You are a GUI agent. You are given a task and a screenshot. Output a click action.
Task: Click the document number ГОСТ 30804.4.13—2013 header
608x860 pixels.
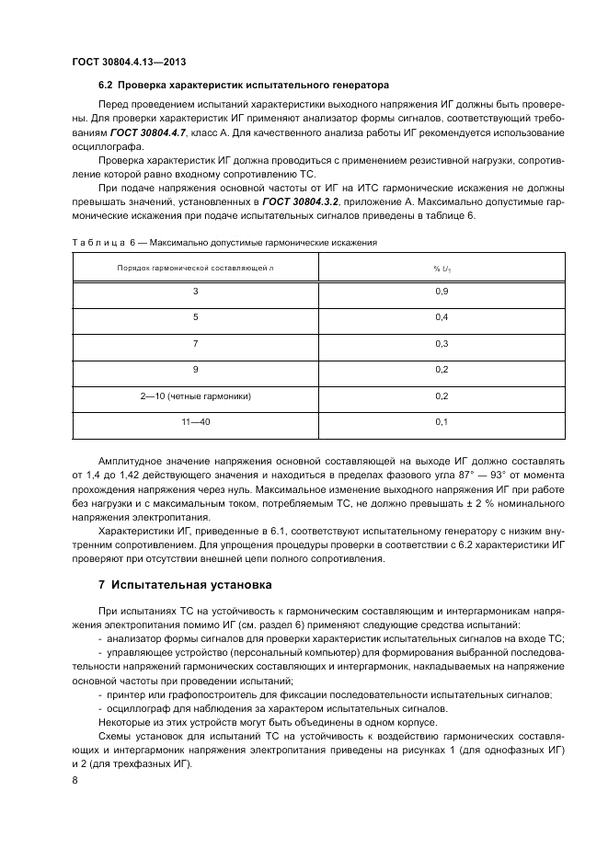coord(130,63)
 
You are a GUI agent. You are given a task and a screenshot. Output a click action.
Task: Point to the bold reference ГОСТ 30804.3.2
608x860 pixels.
coord(300,201)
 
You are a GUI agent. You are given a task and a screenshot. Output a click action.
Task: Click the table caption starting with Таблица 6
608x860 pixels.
coord(224,242)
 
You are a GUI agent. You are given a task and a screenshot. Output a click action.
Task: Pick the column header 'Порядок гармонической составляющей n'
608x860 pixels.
coord(195,268)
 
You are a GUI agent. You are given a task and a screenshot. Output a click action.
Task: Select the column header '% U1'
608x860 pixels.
coord(442,268)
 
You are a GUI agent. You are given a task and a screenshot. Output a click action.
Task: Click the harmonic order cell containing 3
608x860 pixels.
coord(195,292)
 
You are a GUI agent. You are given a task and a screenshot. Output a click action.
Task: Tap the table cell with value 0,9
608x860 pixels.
coord(442,292)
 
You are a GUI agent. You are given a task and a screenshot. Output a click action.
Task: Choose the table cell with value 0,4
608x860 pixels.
coord(442,318)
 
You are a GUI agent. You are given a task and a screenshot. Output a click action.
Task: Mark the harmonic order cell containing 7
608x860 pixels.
coord(195,344)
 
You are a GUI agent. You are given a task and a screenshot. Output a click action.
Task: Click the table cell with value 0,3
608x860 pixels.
coord(442,344)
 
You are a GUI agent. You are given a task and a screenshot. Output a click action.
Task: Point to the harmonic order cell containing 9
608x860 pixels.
coord(195,370)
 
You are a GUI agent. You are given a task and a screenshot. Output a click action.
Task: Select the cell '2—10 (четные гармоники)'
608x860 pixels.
coord(195,396)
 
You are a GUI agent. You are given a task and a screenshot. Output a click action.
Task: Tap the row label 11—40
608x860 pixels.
coord(195,421)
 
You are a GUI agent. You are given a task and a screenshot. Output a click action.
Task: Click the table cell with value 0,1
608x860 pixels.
coord(442,421)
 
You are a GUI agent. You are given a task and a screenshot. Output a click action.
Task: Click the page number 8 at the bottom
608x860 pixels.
coord(75,780)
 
